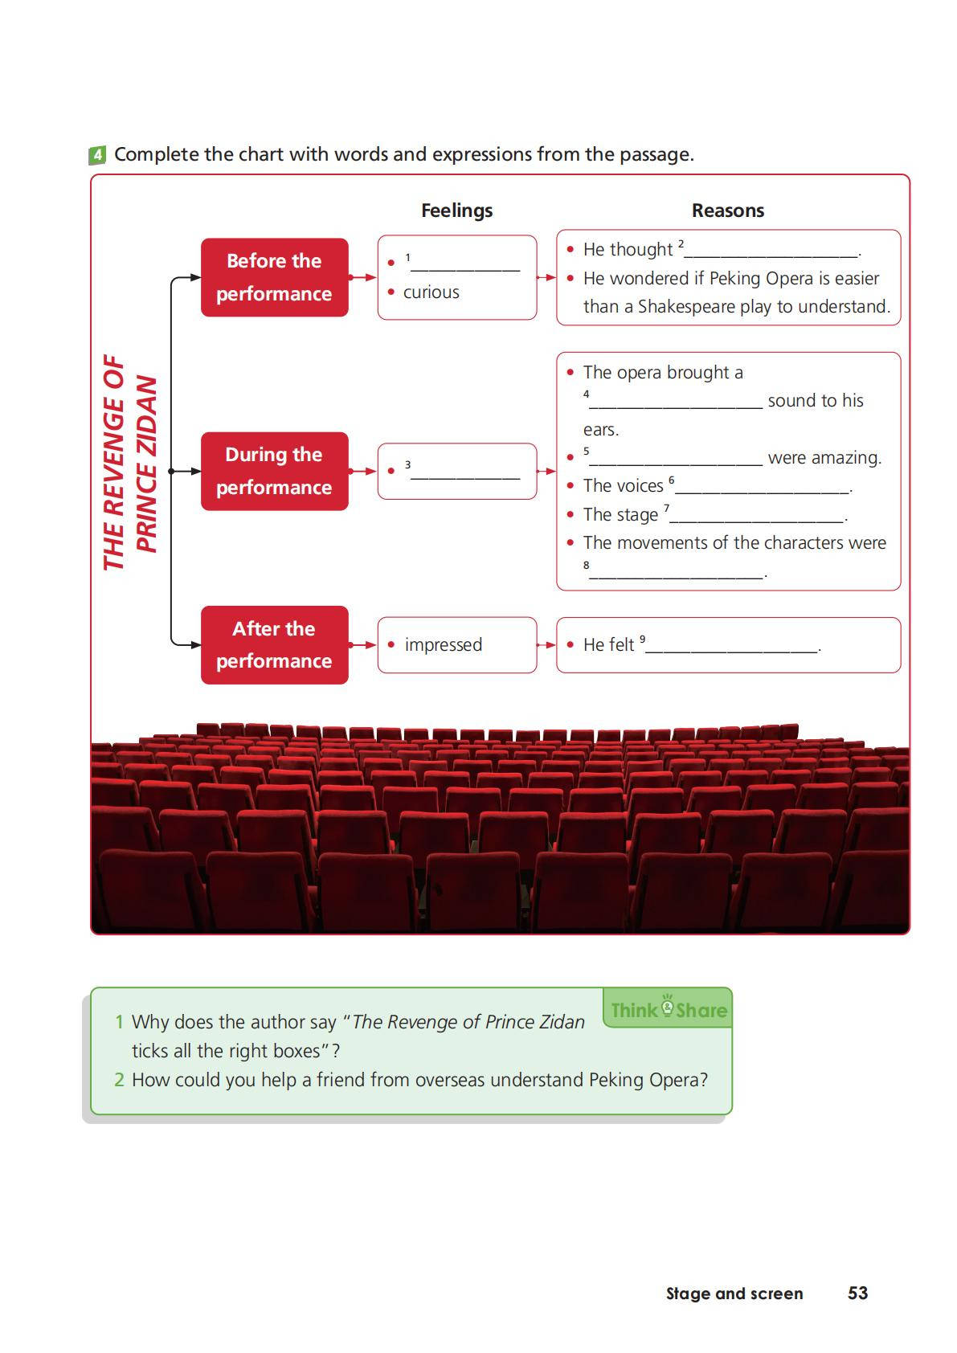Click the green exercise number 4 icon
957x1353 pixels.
pyautogui.click(x=96, y=155)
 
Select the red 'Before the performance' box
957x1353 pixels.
pyautogui.click(x=274, y=277)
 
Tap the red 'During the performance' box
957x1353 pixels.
pyautogui.click(x=274, y=471)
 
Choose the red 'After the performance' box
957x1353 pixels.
pyautogui.click(x=274, y=645)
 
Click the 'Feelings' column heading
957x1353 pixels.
pyautogui.click(x=456, y=211)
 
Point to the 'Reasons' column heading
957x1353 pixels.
pyautogui.click(x=727, y=211)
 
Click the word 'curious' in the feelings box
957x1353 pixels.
pyautogui.click(x=431, y=292)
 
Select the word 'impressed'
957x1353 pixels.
pyautogui.click(x=443, y=645)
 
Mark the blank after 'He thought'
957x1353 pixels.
pyautogui.click(x=771, y=253)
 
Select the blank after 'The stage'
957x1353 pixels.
pyautogui.click(x=756, y=518)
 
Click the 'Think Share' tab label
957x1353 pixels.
pyautogui.click(x=669, y=1009)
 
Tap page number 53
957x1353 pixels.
pyautogui.click(x=857, y=1293)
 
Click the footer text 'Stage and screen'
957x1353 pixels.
pyautogui.click(x=734, y=1294)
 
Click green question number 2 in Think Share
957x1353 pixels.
pyautogui.click(x=119, y=1080)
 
